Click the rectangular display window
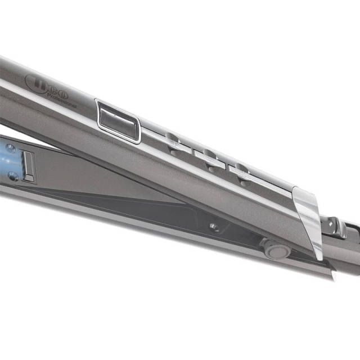coord(118,120)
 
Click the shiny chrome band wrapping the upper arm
coord(307,213)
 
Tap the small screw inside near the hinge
coord(213,226)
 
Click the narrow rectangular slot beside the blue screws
coord(29,166)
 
